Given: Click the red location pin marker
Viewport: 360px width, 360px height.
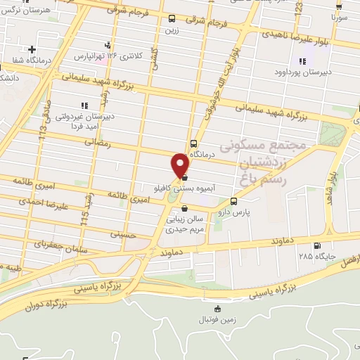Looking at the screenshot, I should (181, 166).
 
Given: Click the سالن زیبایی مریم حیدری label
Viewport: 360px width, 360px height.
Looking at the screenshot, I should (184, 224).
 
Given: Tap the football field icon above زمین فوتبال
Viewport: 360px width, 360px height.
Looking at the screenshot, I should (217, 309).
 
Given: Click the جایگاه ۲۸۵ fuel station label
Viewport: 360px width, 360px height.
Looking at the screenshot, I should (315, 256).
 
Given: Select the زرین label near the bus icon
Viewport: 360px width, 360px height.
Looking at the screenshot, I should (172, 31).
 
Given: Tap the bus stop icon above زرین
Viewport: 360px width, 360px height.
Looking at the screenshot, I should (172, 19).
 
